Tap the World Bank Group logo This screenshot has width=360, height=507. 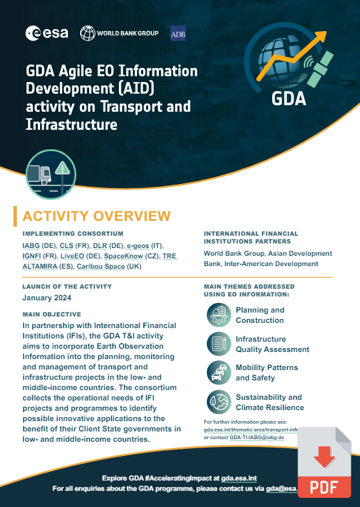[118, 32]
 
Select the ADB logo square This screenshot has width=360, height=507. [178, 33]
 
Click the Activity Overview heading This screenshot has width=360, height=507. [96, 216]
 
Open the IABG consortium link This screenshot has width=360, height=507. [30, 246]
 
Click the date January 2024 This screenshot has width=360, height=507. [47, 298]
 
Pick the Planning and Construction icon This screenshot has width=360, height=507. [218, 315]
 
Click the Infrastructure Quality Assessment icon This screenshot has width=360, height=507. [218, 344]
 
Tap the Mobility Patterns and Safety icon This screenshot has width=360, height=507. [218, 373]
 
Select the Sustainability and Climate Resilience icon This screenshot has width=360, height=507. [218, 402]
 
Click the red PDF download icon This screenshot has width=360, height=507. [324, 460]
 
